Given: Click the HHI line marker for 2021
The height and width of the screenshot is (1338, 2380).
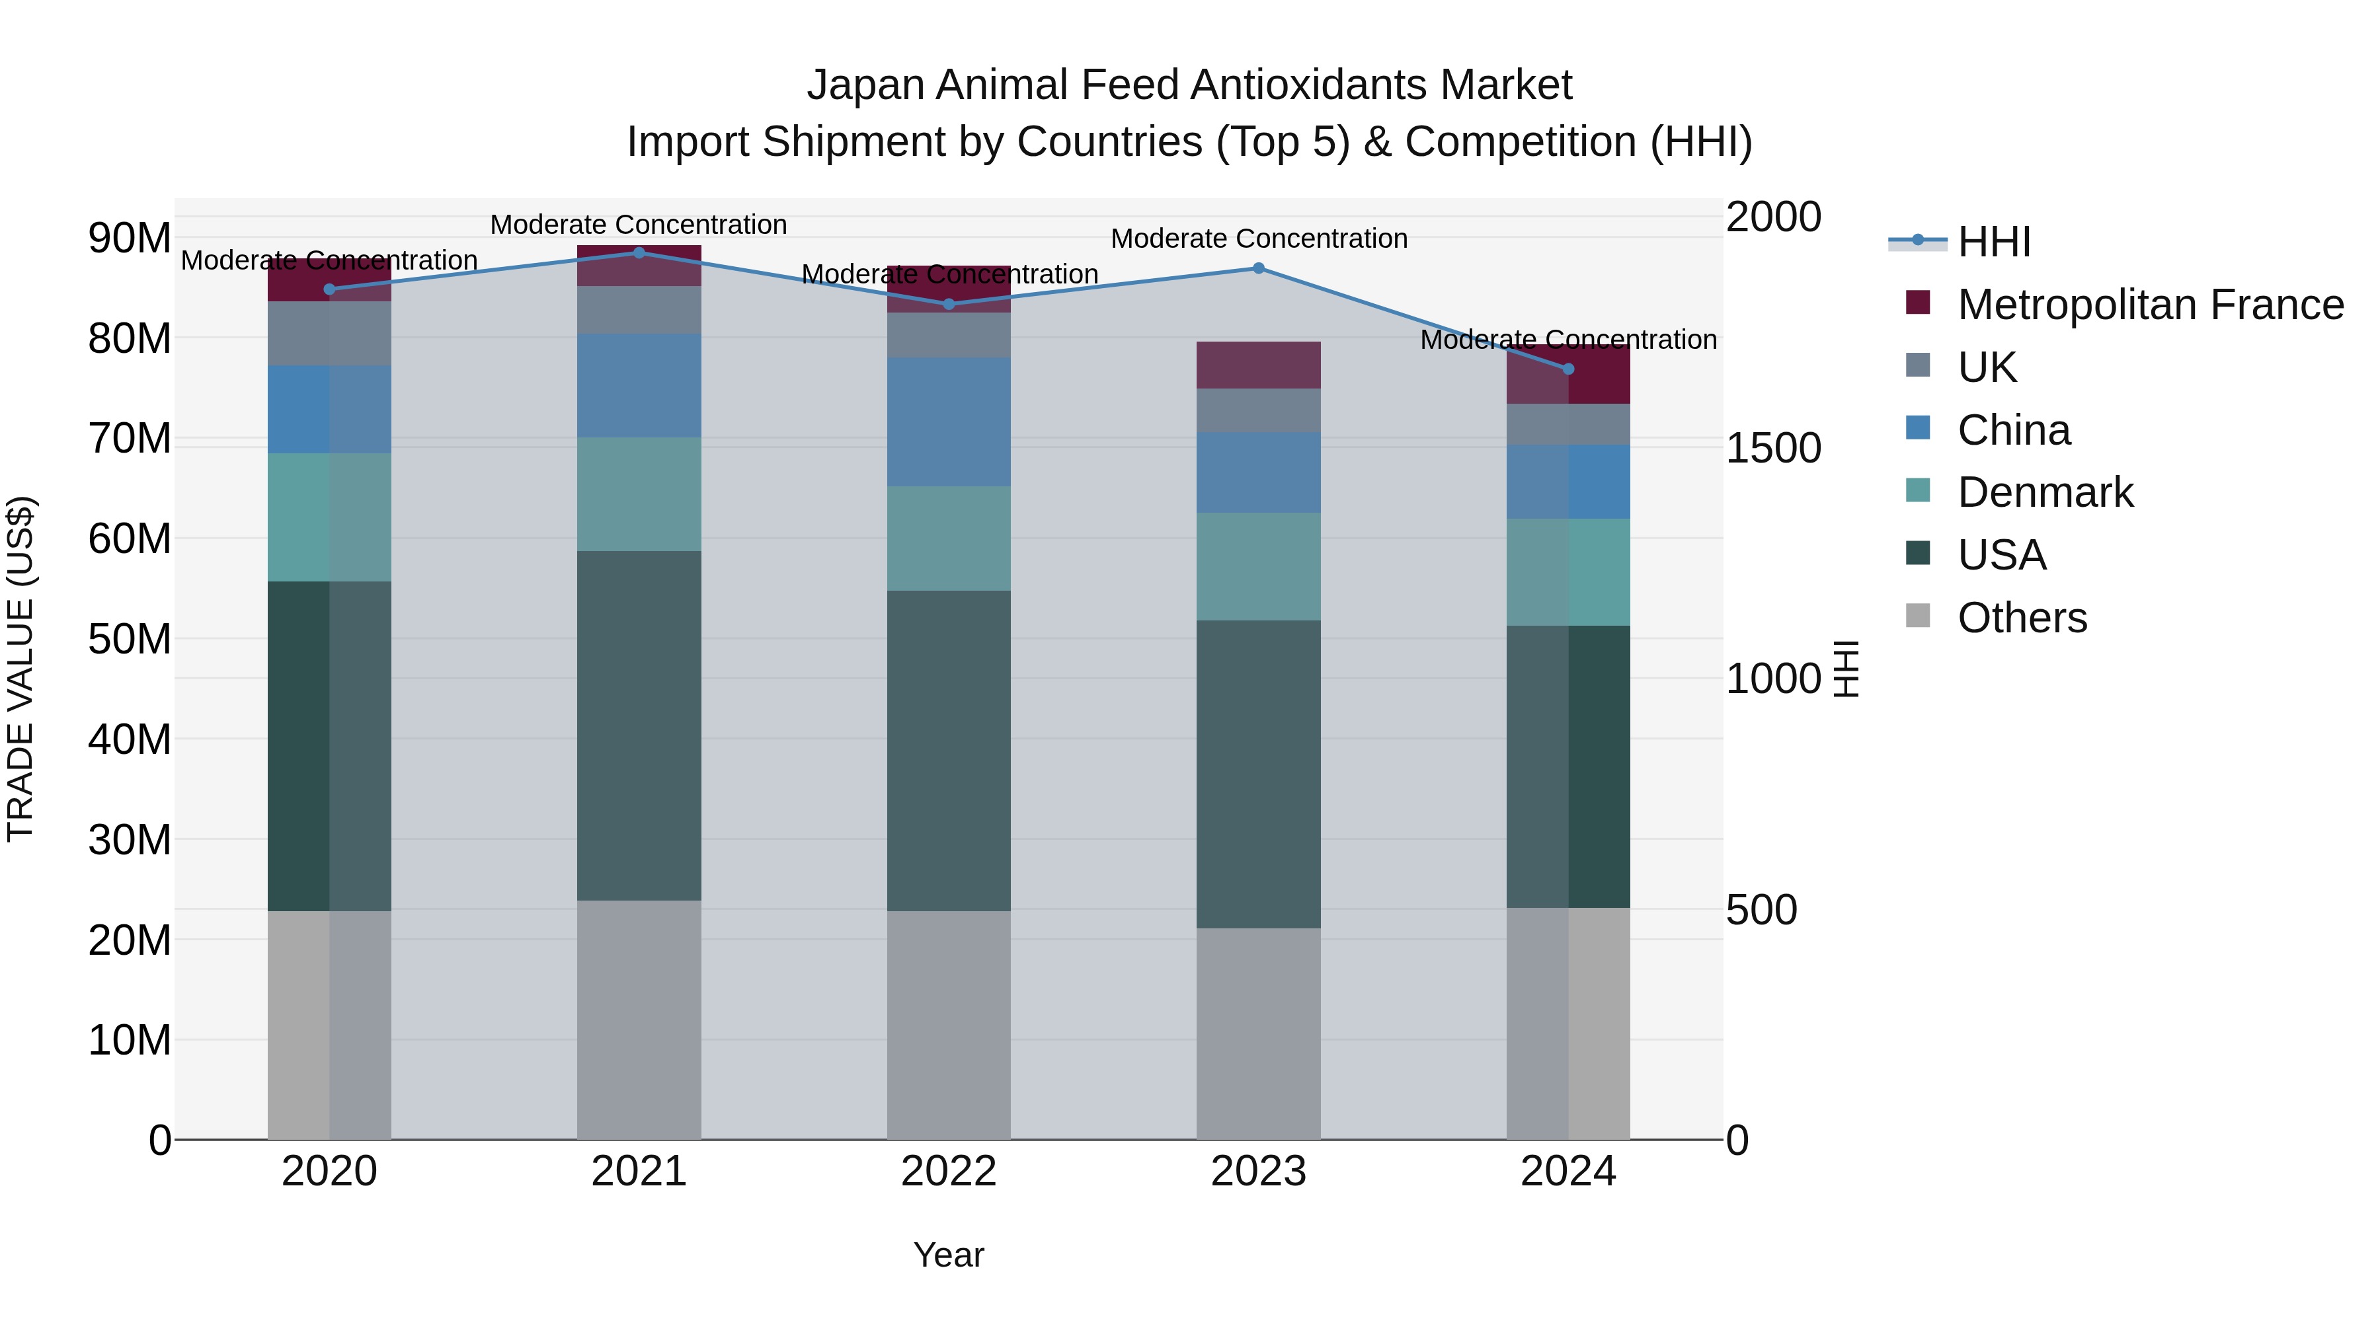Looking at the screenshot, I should (639, 252).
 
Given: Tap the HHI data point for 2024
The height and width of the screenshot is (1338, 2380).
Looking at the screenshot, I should (1568, 369).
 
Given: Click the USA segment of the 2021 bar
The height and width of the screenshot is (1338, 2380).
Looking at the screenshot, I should (639, 725).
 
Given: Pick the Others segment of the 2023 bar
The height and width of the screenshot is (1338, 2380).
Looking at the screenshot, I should (1258, 1033).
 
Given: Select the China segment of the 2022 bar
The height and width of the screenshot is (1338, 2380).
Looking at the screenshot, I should (949, 422).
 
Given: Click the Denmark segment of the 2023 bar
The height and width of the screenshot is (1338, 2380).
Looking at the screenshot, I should (1258, 566).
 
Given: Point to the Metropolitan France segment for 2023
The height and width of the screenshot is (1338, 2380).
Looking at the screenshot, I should (1258, 365).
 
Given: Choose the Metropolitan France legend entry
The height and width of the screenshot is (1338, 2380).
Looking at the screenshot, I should (2150, 305).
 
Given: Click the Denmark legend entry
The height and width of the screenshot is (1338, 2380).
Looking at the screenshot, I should (2045, 492).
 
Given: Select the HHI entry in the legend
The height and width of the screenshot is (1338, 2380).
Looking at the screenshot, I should (1994, 242).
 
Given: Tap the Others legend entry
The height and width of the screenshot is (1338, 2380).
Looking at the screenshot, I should (2022, 618).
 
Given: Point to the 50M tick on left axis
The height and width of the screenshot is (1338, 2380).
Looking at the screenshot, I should (130, 639).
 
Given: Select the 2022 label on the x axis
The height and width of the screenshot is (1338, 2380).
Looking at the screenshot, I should (949, 1171).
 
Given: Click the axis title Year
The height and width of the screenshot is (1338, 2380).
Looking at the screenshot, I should (949, 1255).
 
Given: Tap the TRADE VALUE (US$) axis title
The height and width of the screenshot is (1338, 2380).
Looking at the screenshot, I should (20, 669).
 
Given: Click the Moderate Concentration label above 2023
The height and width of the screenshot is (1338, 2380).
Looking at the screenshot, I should (1258, 239).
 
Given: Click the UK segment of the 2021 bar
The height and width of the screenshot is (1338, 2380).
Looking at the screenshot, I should (639, 309).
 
